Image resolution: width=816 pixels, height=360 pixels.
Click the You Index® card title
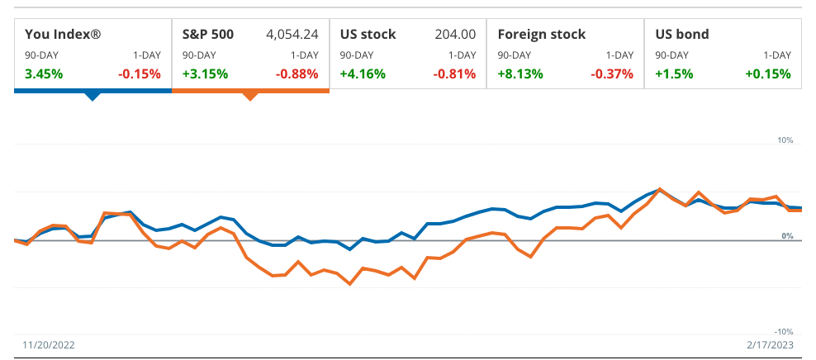[x=63, y=35]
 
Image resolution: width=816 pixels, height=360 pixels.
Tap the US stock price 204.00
[x=455, y=35]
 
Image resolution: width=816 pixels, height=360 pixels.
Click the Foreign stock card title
[x=542, y=35]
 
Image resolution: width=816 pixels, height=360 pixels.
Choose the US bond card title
[x=681, y=35]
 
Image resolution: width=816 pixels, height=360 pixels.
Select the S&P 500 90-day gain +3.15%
[x=205, y=73]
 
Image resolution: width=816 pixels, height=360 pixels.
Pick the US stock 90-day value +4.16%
[x=363, y=73]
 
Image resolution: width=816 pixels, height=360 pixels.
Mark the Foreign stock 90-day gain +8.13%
[x=520, y=73]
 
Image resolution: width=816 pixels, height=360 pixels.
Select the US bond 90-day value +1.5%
[x=674, y=73]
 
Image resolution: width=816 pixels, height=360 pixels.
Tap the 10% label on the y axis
[x=785, y=140]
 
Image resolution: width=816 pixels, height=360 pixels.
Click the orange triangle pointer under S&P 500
[x=250, y=96]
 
